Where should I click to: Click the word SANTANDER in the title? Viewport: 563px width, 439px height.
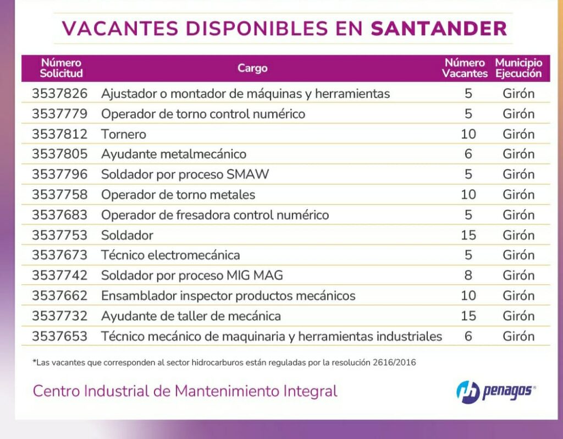click(439, 29)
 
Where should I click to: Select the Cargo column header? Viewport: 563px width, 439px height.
click(252, 68)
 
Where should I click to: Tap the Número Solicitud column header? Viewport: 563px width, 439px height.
click(61, 68)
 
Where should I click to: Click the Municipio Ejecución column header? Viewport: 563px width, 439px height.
click(518, 68)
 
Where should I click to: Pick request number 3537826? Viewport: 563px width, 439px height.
click(59, 94)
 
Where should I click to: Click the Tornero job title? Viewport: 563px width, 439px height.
click(124, 134)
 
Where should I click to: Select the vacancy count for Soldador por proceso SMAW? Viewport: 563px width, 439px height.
click(468, 174)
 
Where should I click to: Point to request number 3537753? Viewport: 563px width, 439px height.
click(59, 235)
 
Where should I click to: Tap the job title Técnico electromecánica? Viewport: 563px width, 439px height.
click(170, 255)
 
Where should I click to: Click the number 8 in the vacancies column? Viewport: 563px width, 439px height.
click(468, 275)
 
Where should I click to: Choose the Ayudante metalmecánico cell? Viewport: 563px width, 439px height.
click(174, 153)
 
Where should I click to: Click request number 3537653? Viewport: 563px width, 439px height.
click(59, 336)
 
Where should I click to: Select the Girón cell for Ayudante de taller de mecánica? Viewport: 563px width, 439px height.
click(518, 316)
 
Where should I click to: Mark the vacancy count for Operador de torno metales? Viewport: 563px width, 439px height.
click(468, 194)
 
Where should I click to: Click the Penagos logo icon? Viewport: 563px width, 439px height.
click(468, 392)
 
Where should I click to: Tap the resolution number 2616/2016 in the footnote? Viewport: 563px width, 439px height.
click(394, 362)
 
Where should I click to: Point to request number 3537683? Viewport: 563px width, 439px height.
click(59, 215)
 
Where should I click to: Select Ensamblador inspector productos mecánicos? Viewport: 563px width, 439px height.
click(228, 295)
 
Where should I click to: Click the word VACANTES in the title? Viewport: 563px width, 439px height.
click(120, 29)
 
